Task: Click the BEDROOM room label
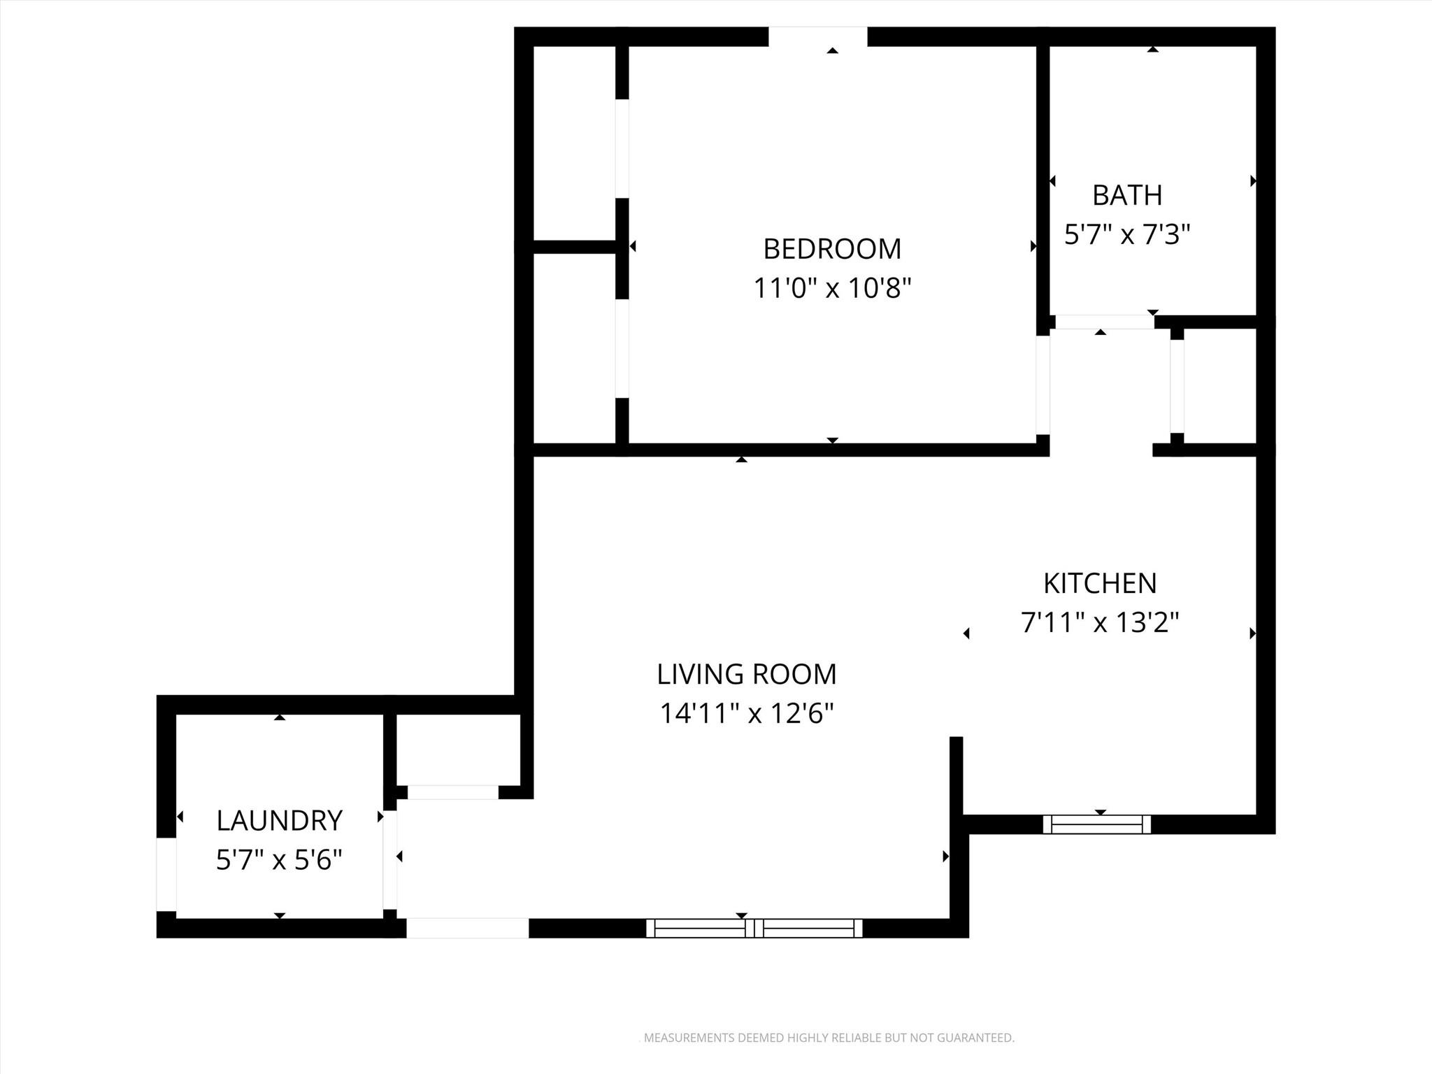click(x=831, y=249)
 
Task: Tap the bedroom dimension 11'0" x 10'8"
click(x=831, y=288)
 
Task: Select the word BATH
click(x=1126, y=196)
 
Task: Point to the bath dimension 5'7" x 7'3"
click(x=1126, y=235)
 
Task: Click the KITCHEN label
click(x=1099, y=583)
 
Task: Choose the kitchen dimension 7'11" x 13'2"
click(x=1099, y=622)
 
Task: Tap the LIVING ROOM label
click(x=746, y=674)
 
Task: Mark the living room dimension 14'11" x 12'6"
click(x=746, y=714)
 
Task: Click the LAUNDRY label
click(x=279, y=821)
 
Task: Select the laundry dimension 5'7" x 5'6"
click(x=279, y=860)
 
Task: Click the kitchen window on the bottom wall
click(x=1096, y=824)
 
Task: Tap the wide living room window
click(x=754, y=928)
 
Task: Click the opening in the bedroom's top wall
click(x=817, y=36)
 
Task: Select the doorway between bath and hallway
click(x=1103, y=322)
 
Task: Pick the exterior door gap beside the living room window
click(x=467, y=928)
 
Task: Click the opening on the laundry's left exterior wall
click(x=166, y=874)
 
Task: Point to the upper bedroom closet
click(x=574, y=143)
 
